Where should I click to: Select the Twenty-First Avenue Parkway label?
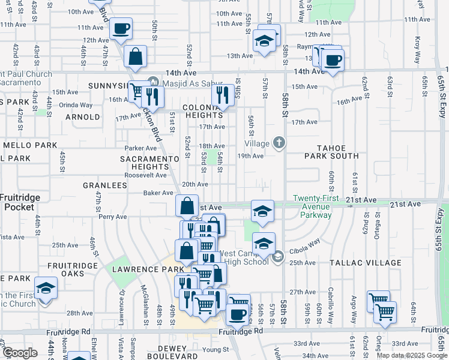click(x=312, y=206)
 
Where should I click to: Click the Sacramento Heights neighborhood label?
click(x=149, y=163)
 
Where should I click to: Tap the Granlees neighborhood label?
click(x=106, y=186)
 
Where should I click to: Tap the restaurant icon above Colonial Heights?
click(x=222, y=94)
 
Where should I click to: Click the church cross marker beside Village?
click(x=279, y=143)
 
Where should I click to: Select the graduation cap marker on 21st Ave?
click(x=263, y=211)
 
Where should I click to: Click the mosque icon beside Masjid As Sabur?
click(x=153, y=82)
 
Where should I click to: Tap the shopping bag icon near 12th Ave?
click(x=136, y=57)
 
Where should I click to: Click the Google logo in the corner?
click(x=20, y=353)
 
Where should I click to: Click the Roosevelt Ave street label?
click(x=145, y=175)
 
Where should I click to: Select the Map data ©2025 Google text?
click(x=411, y=355)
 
